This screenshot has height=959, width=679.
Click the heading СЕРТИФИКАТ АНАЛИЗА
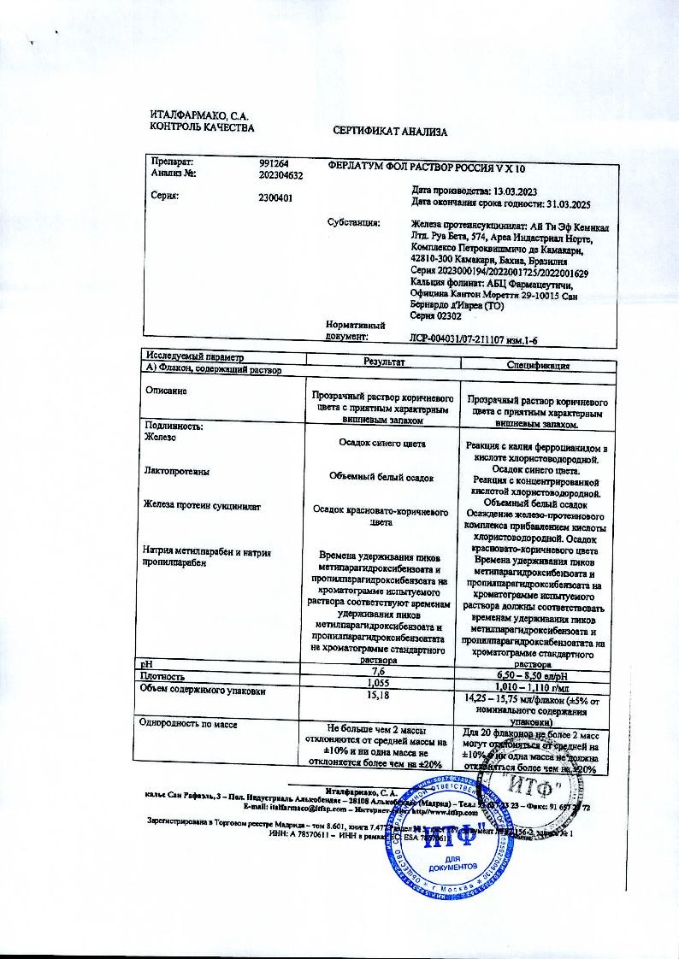coord(389,132)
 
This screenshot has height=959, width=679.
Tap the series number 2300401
coord(275,197)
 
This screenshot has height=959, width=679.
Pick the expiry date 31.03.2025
coord(561,203)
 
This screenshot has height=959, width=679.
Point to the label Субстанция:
coord(353,223)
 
